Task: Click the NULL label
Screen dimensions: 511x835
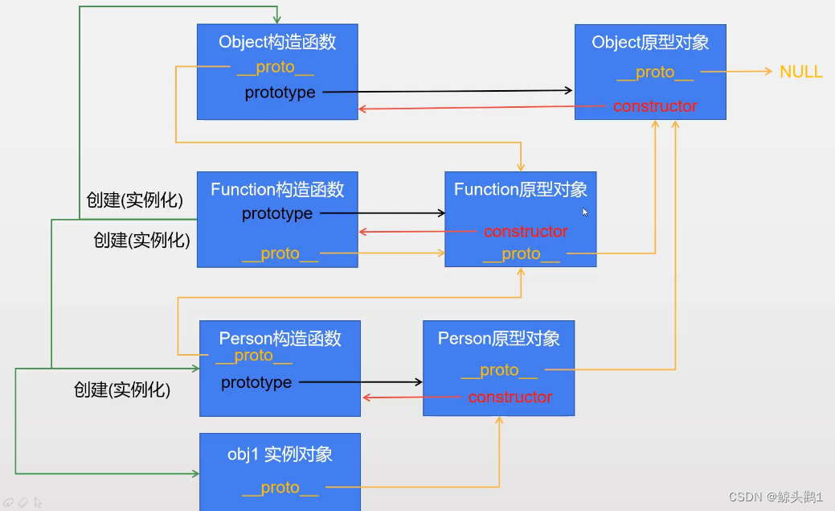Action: tap(800, 72)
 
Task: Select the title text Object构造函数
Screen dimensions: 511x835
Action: tap(276, 42)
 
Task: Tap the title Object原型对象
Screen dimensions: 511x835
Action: tap(650, 42)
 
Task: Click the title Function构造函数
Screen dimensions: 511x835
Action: tap(277, 189)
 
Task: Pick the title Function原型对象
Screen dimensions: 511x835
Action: tap(520, 189)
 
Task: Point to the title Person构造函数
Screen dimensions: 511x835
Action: tap(280, 338)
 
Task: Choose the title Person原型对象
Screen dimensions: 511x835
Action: tap(498, 338)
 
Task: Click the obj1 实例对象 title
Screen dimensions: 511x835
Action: tap(280, 454)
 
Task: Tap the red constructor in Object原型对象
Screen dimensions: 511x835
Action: tap(655, 106)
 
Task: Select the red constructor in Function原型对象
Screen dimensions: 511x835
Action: tap(526, 232)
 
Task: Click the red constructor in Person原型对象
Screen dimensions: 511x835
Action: tap(510, 398)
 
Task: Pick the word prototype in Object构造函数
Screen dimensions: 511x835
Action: tap(280, 93)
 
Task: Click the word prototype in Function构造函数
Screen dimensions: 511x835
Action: tap(277, 214)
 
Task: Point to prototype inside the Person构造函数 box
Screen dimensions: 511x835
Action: tap(256, 382)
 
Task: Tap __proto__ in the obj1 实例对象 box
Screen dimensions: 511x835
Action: tap(280, 488)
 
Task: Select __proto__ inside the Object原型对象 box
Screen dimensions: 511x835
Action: tap(655, 72)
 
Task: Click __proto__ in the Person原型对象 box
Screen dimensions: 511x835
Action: tap(499, 370)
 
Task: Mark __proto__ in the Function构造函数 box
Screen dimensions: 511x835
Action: tap(280, 253)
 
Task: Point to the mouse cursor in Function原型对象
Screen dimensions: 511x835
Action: tap(585, 212)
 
